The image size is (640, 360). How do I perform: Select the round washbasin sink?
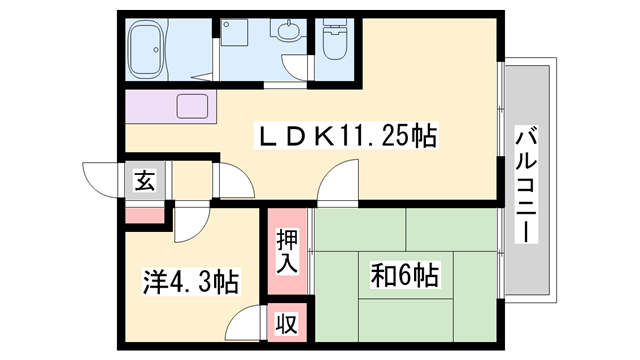[289, 33]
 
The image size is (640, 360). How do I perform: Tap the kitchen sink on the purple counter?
[191, 105]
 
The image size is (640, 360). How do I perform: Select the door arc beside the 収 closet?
[246, 327]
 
